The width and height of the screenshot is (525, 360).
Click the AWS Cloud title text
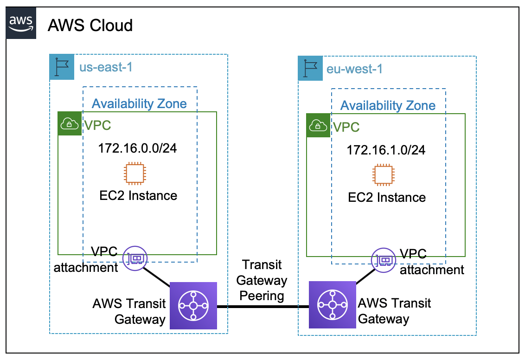point(90,25)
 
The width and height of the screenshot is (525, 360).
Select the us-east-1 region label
point(106,67)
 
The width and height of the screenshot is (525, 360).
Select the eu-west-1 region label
point(354,69)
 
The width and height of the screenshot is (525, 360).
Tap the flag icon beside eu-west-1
point(310,69)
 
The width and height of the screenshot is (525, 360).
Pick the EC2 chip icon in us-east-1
point(134,174)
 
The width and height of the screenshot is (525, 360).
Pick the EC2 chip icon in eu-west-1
point(384,175)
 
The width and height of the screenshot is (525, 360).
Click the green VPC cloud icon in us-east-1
point(70,123)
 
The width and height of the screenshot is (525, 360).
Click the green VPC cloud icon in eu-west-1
point(318,125)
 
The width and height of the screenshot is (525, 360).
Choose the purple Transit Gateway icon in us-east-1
point(193,305)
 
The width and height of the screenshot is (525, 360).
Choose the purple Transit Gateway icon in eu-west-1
point(332,305)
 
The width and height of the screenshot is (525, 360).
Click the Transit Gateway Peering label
point(262,280)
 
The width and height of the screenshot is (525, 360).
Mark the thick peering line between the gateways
point(262,306)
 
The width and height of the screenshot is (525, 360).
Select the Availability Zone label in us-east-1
point(139,103)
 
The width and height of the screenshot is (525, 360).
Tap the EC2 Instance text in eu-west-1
point(387,197)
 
